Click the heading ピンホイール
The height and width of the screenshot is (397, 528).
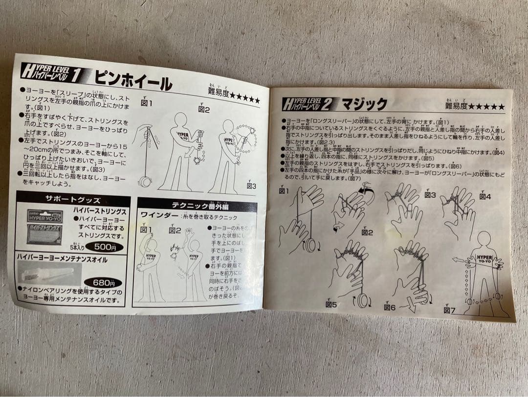[132, 81]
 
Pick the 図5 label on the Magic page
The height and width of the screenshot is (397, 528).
[331, 304]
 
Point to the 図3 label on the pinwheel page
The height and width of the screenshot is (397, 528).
[251, 186]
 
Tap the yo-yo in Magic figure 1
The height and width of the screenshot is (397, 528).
[310, 244]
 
